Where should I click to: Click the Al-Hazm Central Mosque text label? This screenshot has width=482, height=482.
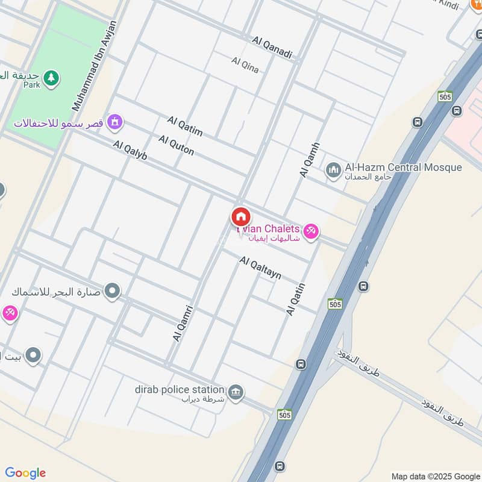(x=403, y=167)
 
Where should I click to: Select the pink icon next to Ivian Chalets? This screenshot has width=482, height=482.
(x=310, y=230)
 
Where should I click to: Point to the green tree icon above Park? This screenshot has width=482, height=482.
(x=52, y=77)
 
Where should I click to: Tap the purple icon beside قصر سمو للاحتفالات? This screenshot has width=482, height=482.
(x=114, y=123)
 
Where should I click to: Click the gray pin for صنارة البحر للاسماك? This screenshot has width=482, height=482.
(x=111, y=292)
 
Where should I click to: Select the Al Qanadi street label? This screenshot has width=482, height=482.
(x=272, y=48)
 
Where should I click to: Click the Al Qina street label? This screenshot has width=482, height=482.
(x=245, y=64)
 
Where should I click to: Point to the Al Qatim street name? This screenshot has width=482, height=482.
(x=185, y=127)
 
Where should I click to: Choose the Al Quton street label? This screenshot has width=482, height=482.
(x=176, y=145)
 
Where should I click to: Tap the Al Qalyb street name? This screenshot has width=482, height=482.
(x=130, y=150)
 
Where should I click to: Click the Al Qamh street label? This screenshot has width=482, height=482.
(x=309, y=160)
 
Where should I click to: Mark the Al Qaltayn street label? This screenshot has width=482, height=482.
(x=260, y=268)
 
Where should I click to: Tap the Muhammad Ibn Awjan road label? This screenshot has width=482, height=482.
(x=95, y=65)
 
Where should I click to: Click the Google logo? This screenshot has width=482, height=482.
(x=25, y=473)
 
